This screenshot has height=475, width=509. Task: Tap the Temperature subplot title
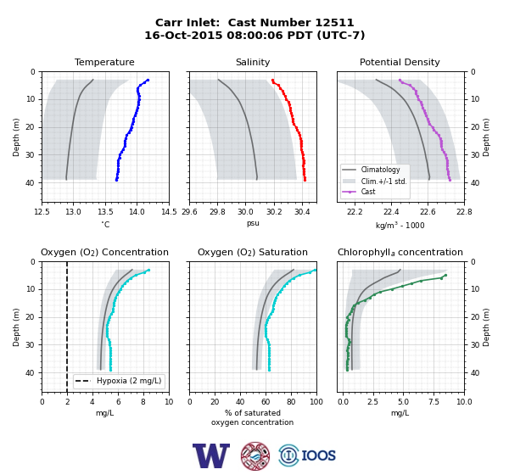click(x=104, y=62)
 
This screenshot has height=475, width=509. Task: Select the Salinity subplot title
click(x=253, y=62)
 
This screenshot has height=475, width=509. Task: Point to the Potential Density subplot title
click(x=400, y=62)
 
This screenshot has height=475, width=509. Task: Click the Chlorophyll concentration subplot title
click(x=400, y=252)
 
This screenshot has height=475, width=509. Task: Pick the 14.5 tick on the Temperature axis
click(x=169, y=212)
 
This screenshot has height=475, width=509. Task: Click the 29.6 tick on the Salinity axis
click(x=189, y=212)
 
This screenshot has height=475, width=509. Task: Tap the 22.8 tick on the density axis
click(x=464, y=212)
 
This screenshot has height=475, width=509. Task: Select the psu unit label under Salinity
click(x=253, y=223)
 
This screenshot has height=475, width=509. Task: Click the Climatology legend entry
click(x=380, y=170)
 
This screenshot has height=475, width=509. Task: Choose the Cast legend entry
click(x=368, y=192)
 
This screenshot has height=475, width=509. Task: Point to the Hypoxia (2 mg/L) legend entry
click(x=129, y=381)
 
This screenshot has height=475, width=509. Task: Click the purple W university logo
click(x=211, y=455)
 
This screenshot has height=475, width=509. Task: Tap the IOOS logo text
click(x=319, y=455)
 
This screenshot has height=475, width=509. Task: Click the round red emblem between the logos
click(x=255, y=455)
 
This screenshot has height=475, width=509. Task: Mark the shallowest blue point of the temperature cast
click(x=148, y=80)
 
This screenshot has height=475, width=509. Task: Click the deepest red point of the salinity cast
click(x=305, y=180)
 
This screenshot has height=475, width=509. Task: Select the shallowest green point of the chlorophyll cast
click(x=445, y=276)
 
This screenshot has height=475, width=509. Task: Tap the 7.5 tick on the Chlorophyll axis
click(x=433, y=402)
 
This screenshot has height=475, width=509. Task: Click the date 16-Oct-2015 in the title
click(x=183, y=35)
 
